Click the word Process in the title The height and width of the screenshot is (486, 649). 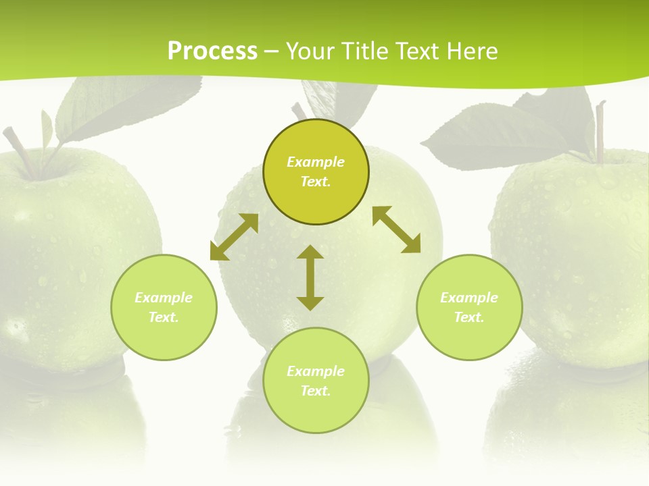[212, 51]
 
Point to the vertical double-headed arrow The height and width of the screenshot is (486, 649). [310, 277]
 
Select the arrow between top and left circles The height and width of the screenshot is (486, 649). [234, 237]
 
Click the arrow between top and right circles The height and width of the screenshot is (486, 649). [396, 230]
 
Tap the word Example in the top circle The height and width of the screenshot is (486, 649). [316, 162]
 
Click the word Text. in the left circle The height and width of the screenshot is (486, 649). [164, 317]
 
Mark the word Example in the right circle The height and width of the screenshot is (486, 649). [469, 298]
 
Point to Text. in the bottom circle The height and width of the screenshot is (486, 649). [316, 391]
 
